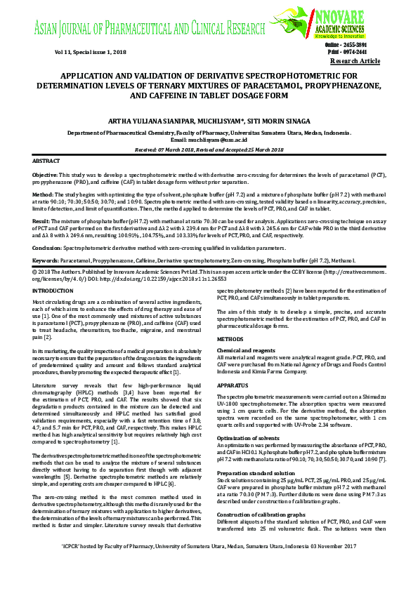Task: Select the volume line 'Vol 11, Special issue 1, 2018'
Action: [91, 53]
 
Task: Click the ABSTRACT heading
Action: [46, 161]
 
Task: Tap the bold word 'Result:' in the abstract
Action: [42, 220]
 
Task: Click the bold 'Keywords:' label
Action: [46, 260]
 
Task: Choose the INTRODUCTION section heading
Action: [58, 290]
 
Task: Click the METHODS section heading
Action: [230, 338]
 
